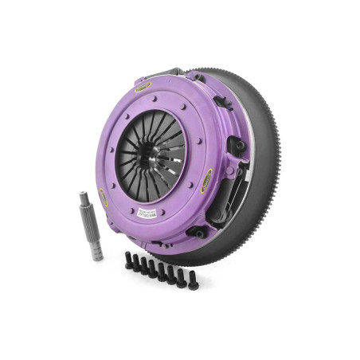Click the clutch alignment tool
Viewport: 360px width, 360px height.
pos(90,226)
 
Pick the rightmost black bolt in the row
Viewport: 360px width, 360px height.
pos(193,280)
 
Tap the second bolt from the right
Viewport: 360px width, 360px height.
pos(182,277)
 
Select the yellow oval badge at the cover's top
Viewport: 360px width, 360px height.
pos(143,85)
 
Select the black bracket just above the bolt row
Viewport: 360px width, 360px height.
pos(194,232)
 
